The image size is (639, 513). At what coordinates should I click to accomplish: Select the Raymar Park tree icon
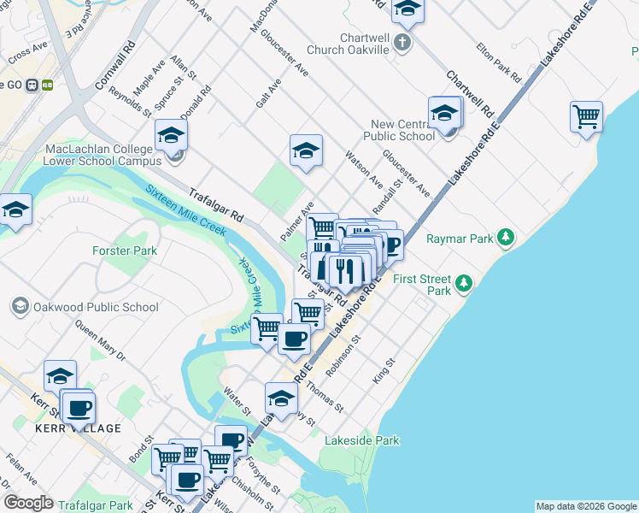pyautogui.click(x=507, y=236)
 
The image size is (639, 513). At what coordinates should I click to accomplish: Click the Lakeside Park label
pyautogui.click(x=361, y=441)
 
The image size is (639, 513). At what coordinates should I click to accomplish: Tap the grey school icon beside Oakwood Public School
pyautogui.click(x=18, y=306)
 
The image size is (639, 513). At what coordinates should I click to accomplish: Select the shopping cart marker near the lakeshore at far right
pyautogui.click(x=586, y=116)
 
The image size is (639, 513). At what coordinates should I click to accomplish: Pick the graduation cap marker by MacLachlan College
pyautogui.click(x=171, y=135)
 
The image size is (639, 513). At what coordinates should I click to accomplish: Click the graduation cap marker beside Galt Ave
pyautogui.click(x=306, y=150)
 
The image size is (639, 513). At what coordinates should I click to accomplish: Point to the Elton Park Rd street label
pyautogui.click(x=499, y=62)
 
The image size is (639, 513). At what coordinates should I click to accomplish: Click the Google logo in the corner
pyautogui.click(x=28, y=503)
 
